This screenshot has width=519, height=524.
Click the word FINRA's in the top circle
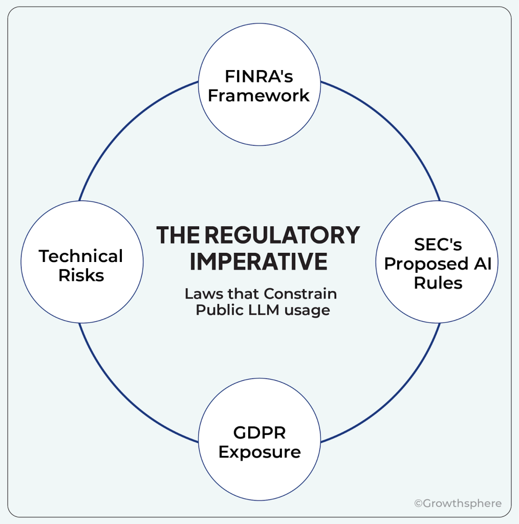click(x=259, y=76)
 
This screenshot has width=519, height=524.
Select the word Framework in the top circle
click(x=259, y=96)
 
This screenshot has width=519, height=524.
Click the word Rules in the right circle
click(x=438, y=283)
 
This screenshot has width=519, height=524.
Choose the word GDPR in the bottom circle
click(x=259, y=433)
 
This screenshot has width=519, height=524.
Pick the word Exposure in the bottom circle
click(x=259, y=452)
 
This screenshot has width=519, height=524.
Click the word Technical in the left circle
click(x=81, y=256)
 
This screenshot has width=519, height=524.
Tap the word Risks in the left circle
click(x=81, y=275)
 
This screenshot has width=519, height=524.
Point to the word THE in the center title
click(x=178, y=235)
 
